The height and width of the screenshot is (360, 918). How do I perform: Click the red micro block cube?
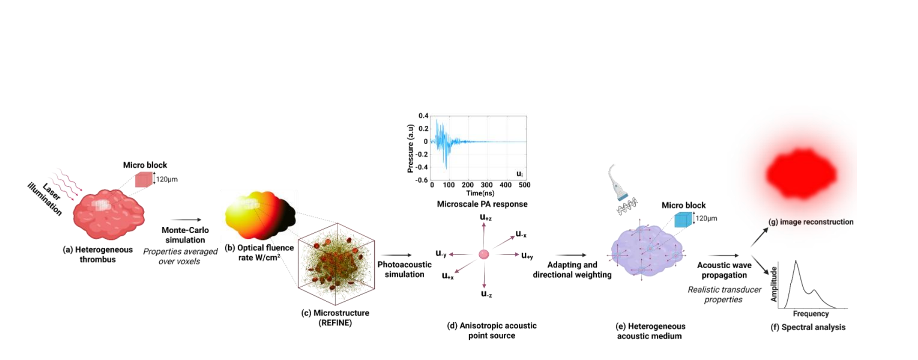point(144,179)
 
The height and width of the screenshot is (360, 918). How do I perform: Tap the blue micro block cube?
point(683,219)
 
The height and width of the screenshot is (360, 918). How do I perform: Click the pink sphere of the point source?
point(484,254)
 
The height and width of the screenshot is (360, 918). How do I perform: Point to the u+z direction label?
point(486,217)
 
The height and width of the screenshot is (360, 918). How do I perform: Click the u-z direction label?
point(486,294)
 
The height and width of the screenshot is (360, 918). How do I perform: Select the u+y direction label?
point(527,256)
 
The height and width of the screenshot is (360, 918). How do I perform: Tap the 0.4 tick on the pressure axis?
point(423,116)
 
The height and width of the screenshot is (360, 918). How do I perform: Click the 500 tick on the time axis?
point(524,185)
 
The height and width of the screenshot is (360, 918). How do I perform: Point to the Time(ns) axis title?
point(480,193)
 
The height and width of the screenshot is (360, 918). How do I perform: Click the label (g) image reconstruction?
point(810,222)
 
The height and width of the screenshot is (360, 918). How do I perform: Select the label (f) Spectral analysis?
point(808,327)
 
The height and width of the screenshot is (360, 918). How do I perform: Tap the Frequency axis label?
point(810,314)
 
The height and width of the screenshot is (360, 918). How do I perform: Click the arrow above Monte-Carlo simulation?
point(186,219)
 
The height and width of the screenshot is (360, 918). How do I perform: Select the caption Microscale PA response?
point(482,204)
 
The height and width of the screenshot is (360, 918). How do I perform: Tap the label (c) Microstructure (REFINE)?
point(335,318)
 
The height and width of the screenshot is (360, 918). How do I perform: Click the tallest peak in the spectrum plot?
point(795,262)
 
